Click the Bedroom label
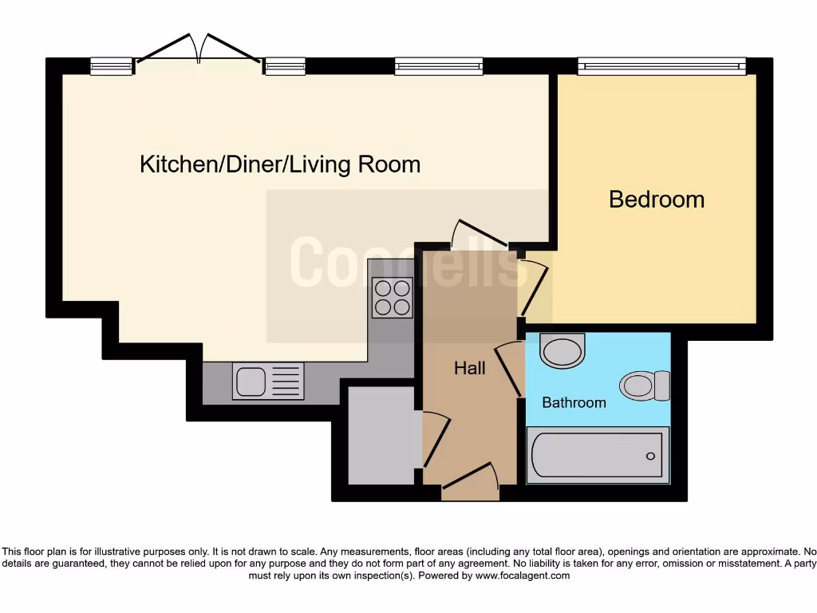657,199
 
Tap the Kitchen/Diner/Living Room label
280,165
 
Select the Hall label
469,368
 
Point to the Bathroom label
574,402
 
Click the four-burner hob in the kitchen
392,297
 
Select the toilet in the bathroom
645,386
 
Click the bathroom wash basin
562,350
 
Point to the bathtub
597,456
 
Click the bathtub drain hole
650,457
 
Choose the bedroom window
661,66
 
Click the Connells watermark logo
407,261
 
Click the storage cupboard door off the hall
432,439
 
